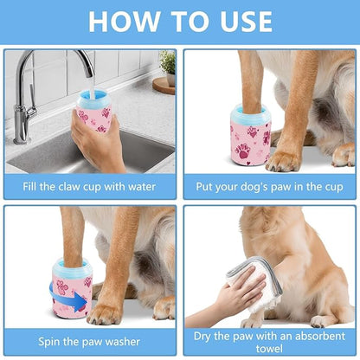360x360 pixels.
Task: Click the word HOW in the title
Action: [121, 22]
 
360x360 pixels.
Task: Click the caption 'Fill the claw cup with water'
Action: [90, 184]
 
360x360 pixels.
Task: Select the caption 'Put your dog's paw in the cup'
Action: [269, 184]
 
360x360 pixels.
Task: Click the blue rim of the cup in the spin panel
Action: [72, 265]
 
